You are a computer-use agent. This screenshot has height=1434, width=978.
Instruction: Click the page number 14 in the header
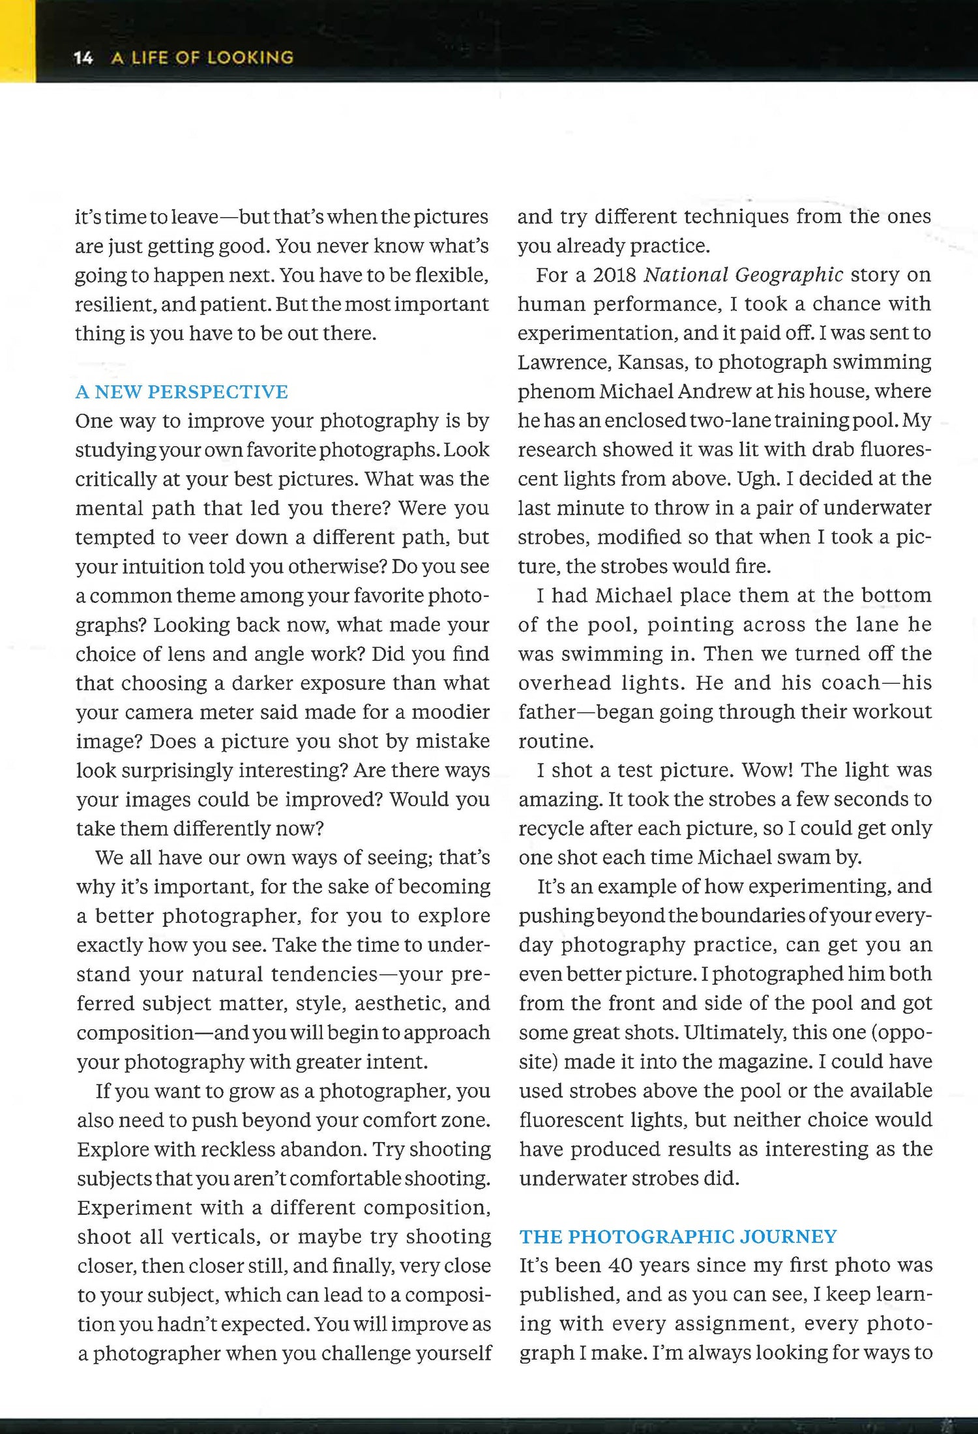[x=83, y=58]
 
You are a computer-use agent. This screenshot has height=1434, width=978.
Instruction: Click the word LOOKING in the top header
[x=250, y=58]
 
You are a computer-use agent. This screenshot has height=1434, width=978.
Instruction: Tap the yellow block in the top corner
[x=17, y=40]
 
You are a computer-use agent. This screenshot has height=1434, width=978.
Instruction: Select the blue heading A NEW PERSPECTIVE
[x=181, y=392]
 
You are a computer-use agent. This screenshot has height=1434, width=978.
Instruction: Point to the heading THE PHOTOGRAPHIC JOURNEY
[x=677, y=1236]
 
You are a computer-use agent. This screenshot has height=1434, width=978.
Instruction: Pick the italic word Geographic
[x=789, y=275]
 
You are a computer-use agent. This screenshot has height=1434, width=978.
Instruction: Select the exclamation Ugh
[x=758, y=479]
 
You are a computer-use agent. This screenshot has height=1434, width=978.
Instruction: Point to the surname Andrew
[x=715, y=392]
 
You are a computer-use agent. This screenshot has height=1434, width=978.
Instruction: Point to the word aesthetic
[x=400, y=1003]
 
